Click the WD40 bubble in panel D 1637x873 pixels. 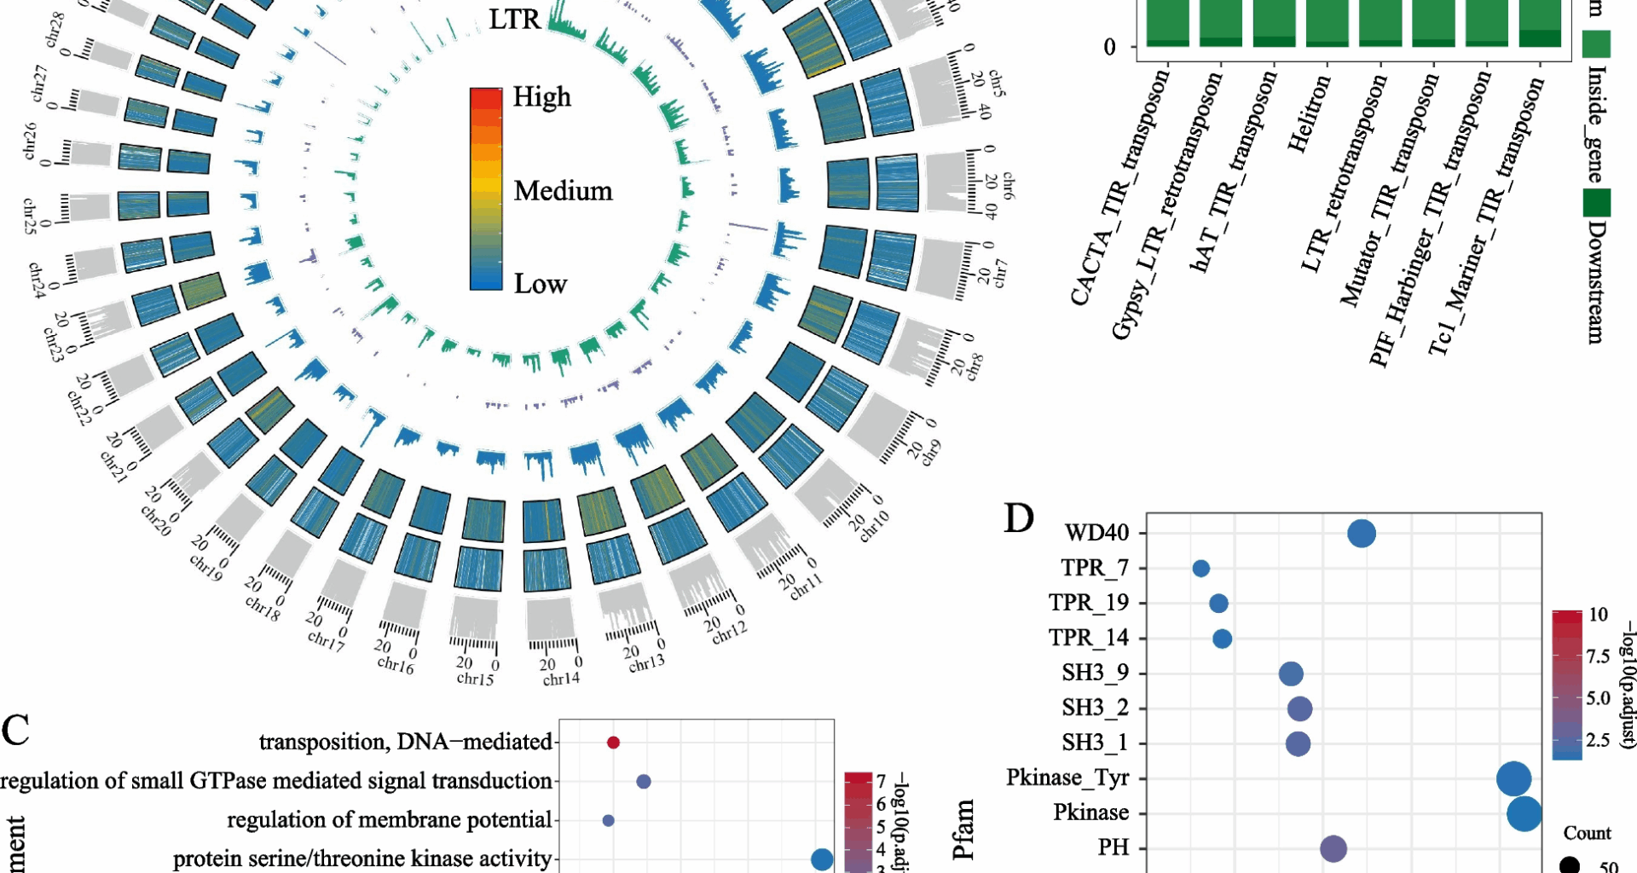coord(1362,534)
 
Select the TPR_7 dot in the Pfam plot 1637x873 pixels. coord(1200,569)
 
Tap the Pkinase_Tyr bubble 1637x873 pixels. coord(1513,778)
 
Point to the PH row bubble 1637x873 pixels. coord(1333,848)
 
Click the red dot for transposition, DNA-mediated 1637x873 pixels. coord(613,743)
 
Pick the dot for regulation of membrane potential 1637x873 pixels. coord(608,821)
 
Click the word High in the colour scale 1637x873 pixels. coord(541,98)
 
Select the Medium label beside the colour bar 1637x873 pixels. coord(563,191)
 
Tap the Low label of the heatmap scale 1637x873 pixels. coord(540,284)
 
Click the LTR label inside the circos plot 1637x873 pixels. coord(514,20)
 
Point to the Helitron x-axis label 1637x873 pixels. coord(1309,115)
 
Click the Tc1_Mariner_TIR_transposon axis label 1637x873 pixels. coord(1485,217)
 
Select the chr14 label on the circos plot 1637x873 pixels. coord(561,679)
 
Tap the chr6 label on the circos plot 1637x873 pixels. coord(1009,184)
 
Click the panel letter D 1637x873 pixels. coord(1019,518)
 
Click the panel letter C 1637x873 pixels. coord(15,731)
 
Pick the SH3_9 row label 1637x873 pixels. coord(1095,674)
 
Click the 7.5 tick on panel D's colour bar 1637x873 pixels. coord(1598,656)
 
